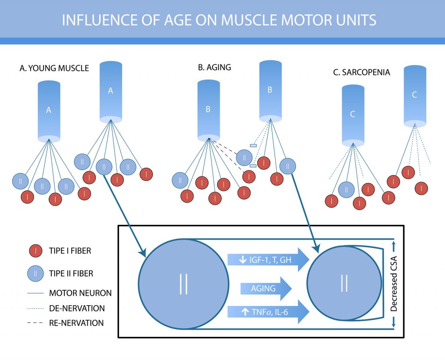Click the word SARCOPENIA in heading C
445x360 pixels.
click(x=366, y=73)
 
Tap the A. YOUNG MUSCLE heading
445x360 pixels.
click(x=54, y=68)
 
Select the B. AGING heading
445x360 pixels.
click(x=215, y=67)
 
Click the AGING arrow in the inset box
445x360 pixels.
click(x=266, y=288)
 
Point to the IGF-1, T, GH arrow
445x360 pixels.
click(x=268, y=260)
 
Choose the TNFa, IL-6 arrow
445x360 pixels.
click(x=268, y=312)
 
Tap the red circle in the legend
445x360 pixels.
click(x=36, y=251)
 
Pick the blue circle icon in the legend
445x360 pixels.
click(x=36, y=273)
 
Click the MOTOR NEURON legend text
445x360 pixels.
click(x=80, y=293)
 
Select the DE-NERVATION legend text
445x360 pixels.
click(x=77, y=308)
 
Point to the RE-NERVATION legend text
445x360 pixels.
click(x=76, y=323)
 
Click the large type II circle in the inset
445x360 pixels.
click(x=184, y=283)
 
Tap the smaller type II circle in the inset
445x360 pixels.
click(x=345, y=283)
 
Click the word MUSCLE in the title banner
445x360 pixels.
click(x=249, y=20)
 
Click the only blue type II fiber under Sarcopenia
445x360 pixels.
click(x=346, y=190)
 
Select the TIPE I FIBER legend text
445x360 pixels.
click(x=70, y=251)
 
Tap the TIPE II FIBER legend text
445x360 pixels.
click(x=71, y=273)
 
